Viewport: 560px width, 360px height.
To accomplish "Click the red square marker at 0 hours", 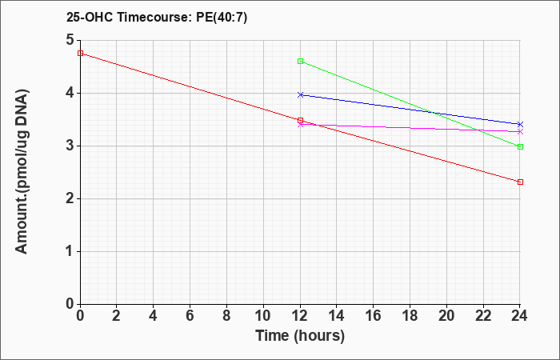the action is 80,54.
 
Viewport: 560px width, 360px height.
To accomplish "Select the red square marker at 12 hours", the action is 300,120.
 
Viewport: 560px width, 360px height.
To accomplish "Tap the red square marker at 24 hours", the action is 520,182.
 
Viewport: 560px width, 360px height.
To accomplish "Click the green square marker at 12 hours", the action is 300,61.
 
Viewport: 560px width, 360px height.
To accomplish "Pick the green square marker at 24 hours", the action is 520,146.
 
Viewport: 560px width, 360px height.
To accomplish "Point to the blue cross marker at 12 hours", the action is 300,94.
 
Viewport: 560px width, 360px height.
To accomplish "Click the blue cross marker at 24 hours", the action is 520,124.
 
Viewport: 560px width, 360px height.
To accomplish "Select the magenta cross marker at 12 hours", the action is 300,125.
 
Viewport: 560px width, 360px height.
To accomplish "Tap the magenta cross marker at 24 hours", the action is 520,132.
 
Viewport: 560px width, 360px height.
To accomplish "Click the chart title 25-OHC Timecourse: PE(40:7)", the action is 157,18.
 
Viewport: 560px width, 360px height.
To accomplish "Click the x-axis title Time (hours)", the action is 300,336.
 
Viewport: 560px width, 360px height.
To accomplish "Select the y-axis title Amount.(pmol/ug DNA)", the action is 22,171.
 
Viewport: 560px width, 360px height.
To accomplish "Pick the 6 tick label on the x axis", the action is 190,316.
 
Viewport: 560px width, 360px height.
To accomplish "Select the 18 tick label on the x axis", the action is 410,316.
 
